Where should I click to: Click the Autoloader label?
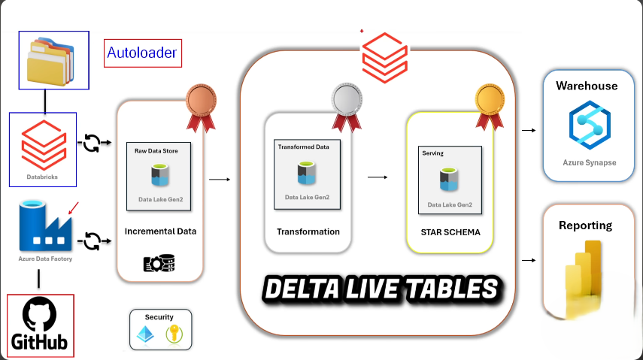click(142, 53)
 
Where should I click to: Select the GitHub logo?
click(41, 325)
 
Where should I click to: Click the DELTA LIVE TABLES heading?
click(382, 288)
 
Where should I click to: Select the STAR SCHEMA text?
click(450, 231)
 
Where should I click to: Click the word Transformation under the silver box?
click(308, 231)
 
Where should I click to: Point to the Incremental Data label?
click(160, 231)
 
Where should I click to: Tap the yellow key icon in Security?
click(173, 335)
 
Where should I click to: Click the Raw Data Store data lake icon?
click(160, 174)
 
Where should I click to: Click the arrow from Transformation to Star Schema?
click(378, 177)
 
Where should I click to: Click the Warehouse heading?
click(587, 86)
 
